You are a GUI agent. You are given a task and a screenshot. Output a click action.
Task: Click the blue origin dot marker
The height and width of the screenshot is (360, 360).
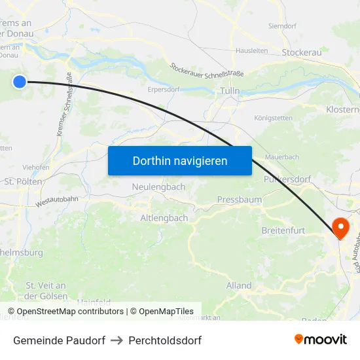20,81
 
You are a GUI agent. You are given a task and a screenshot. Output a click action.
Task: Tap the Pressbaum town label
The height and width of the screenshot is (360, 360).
240,199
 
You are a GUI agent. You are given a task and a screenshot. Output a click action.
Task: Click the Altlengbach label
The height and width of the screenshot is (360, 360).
164,218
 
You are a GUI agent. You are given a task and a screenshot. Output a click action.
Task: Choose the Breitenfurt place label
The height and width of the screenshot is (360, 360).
283,230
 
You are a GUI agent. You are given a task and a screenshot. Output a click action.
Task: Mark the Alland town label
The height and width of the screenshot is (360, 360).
239,285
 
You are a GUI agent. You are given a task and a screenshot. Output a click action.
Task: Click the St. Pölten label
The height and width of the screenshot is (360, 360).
23,181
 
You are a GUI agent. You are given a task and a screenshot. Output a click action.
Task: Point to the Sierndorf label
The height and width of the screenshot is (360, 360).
283,26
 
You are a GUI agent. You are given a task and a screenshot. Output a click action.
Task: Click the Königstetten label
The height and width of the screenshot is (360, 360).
273,118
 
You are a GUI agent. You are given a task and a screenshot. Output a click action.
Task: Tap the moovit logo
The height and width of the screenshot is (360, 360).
321,339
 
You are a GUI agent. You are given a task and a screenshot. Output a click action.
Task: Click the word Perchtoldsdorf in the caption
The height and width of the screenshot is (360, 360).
165,340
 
